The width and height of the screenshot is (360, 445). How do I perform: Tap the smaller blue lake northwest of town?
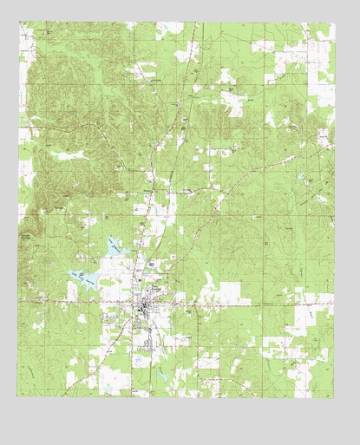(x=115, y=246)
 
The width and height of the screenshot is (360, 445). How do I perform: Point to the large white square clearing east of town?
(x=232, y=293)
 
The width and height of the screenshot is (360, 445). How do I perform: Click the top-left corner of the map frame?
(x=21, y=23)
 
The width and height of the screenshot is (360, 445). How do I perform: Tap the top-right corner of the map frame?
(x=335, y=23)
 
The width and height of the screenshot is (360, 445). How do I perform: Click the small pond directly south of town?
(x=139, y=357)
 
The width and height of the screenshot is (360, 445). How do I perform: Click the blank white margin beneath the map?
(x=180, y=421)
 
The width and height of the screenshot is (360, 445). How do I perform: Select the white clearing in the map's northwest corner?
(x=26, y=39)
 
